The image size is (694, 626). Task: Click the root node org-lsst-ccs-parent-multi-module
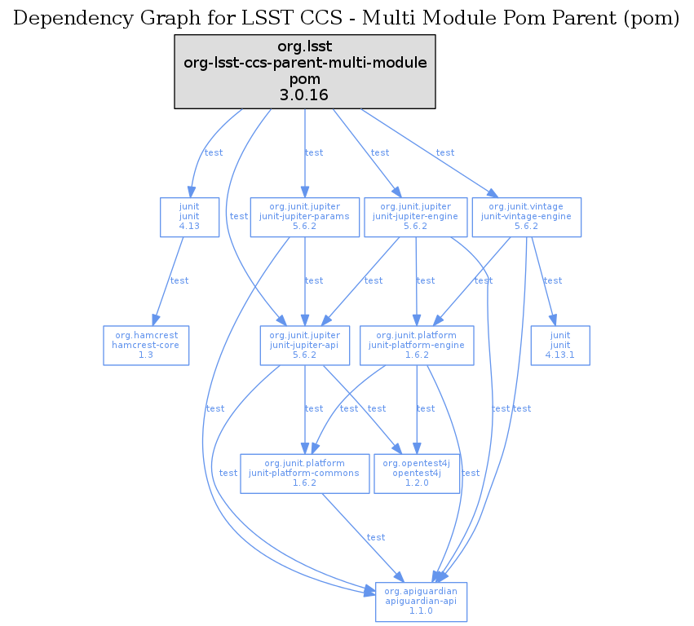pos(305,72)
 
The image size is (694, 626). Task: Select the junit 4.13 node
pos(189,217)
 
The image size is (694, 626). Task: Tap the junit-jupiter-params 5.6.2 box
pos(304,217)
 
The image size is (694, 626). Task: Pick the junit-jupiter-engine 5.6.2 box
pos(415,217)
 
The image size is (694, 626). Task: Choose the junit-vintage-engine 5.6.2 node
pos(526,217)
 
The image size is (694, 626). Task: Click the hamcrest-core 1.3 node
pos(146,345)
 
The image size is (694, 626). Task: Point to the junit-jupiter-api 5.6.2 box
pos(304,345)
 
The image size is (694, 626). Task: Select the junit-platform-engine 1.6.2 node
pos(417,345)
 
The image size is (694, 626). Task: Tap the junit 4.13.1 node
pos(559,345)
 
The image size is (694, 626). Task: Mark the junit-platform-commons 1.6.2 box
pos(304,473)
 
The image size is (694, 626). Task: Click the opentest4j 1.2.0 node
pos(416,473)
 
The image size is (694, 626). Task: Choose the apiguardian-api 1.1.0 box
pos(421,601)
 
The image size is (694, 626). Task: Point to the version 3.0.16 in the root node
pos(305,95)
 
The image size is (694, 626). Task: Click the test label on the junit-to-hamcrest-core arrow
pos(179,280)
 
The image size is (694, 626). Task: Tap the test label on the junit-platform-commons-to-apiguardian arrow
pos(375,537)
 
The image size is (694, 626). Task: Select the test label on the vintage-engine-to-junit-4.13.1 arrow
pos(552,280)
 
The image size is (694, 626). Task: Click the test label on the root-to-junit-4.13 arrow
pos(213,152)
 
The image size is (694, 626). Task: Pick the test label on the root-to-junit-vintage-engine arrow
pos(444,152)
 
